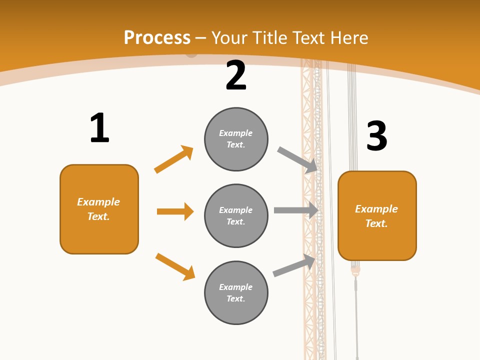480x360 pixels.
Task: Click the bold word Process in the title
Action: tap(157, 37)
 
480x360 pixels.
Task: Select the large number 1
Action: tap(99, 127)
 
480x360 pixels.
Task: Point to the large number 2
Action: tap(236, 75)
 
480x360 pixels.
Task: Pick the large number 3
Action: tap(377, 135)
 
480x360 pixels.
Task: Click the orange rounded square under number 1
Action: tap(99, 209)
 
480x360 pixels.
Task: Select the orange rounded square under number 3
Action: tap(377, 216)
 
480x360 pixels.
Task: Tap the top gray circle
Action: tap(236, 139)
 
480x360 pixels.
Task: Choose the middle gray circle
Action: tap(236, 216)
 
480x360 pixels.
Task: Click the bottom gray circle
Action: tap(236, 292)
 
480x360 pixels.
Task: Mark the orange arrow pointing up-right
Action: tap(173, 159)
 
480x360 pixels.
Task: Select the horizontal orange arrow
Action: tap(175, 211)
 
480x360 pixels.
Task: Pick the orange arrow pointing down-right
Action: tap(175, 267)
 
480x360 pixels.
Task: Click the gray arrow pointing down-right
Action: tap(297, 160)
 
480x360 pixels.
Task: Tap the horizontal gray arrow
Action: tap(296, 210)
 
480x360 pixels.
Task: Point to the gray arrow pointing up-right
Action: tap(294, 265)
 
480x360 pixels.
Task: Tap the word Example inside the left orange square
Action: tap(98, 202)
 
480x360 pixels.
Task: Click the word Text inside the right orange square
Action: tap(376, 223)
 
